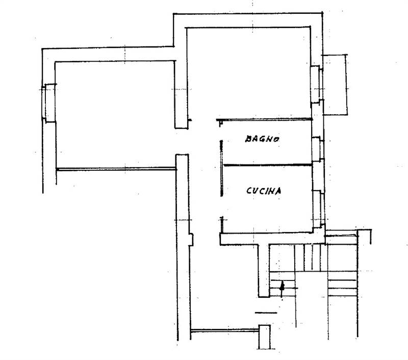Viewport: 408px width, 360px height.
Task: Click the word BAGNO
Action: (262, 139)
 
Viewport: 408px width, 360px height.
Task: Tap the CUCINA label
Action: (264, 191)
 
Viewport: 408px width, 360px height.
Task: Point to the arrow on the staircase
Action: (282, 289)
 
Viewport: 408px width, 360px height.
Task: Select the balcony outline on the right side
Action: (335, 85)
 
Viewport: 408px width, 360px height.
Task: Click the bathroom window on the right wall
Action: (318, 149)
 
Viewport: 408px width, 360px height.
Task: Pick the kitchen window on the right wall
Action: (318, 208)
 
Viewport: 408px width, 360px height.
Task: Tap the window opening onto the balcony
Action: (317, 84)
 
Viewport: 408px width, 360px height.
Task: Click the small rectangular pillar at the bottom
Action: (264, 337)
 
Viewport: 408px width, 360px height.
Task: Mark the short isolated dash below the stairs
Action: (266, 313)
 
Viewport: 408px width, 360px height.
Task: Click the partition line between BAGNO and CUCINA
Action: (268, 165)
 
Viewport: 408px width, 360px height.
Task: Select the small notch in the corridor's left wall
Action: (191, 240)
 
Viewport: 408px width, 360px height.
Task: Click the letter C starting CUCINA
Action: (249, 191)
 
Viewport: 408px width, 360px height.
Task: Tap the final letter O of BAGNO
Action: (276, 139)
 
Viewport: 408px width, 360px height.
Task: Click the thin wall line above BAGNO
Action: (264, 119)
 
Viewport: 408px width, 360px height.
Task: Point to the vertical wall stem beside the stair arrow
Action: (264, 271)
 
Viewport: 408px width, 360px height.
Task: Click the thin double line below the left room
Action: (116, 169)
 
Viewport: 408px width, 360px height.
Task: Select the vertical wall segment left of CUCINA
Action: (221, 168)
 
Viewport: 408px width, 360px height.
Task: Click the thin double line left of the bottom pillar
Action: (224, 330)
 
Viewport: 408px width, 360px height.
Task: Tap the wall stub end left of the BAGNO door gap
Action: (190, 120)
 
